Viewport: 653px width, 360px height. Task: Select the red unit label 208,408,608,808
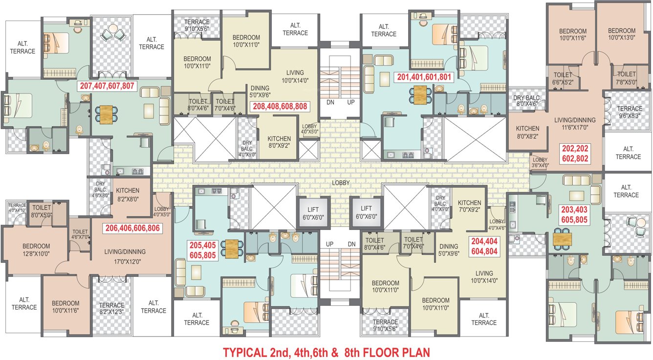(x=280, y=106)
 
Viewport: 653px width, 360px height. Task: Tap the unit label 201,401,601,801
(x=424, y=77)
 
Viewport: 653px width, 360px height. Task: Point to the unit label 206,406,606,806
(x=132, y=228)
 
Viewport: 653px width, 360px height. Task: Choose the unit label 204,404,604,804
(x=484, y=246)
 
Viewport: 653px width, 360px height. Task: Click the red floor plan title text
(x=326, y=352)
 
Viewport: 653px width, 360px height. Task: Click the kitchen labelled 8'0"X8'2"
(x=527, y=133)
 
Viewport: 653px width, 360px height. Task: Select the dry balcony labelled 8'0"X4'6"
(x=526, y=101)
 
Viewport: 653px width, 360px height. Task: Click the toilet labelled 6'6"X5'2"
(x=563, y=79)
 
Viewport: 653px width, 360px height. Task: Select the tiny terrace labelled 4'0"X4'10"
(x=17, y=208)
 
